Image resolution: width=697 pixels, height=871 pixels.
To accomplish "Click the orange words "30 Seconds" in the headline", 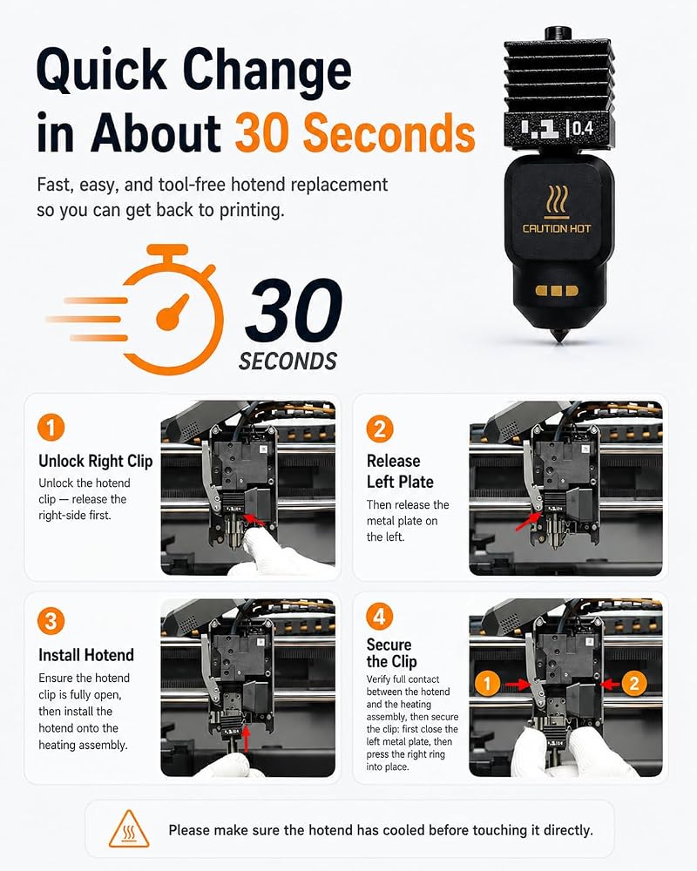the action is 355,132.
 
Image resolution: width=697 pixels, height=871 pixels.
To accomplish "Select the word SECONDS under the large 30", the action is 288,361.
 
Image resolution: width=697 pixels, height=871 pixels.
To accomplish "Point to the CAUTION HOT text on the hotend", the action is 557,228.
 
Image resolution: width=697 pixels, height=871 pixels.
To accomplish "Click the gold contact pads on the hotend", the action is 557,291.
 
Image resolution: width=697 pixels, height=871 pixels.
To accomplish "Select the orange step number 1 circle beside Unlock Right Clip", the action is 51,429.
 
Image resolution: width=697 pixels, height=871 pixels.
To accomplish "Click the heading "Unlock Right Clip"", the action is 96,461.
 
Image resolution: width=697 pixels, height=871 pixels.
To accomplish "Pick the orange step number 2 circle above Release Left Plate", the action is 380,429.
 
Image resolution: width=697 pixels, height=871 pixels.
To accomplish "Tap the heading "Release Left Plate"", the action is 400,471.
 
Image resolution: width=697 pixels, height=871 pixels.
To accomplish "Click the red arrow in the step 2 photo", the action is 527,521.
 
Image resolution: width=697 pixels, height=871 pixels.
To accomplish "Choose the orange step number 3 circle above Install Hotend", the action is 51,621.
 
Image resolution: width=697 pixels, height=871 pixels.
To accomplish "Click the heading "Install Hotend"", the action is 86,655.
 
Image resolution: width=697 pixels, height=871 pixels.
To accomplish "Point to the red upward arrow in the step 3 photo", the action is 246,739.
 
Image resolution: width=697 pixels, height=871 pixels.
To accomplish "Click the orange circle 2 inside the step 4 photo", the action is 634,683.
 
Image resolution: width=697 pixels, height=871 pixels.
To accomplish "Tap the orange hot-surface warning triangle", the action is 129,830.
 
